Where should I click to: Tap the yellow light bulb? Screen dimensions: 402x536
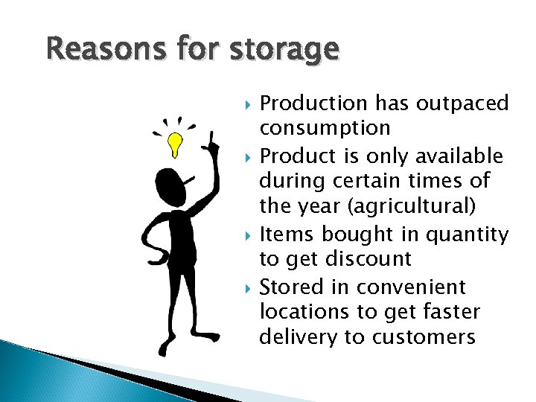175,144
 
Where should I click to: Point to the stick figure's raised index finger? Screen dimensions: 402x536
212,138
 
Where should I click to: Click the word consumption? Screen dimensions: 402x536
325,128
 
